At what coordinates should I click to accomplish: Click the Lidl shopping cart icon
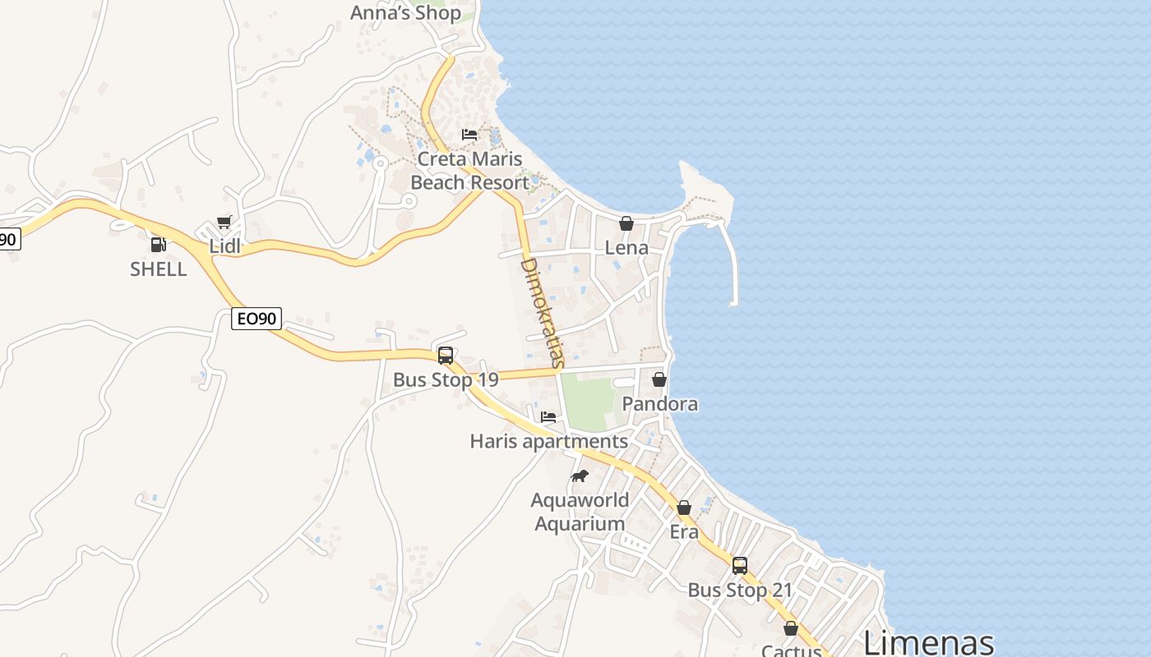pyautogui.click(x=224, y=222)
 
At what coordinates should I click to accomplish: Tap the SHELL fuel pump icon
pyautogui.click(x=158, y=244)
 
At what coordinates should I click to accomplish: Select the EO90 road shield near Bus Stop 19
pyautogui.click(x=257, y=319)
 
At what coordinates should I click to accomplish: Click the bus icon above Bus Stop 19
pyautogui.click(x=446, y=356)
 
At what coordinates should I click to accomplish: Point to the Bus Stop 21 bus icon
pyautogui.click(x=740, y=565)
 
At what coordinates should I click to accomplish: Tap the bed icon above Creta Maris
pyautogui.click(x=469, y=134)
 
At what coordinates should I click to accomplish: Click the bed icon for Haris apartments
pyautogui.click(x=548, y=417)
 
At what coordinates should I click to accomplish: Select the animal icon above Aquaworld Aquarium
pyautogui.click(x=580, y=476)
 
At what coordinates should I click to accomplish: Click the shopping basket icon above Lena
pyautogui.click(x=626, y=223)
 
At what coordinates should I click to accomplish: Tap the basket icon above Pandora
pyautogui.click(x=659, y=379)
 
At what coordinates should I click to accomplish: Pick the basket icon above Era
pyautogui.click(x=684, y=508)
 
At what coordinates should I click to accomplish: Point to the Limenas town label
pyautogui.click(x=928, y=642)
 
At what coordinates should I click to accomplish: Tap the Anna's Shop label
pyautogui.click(x=405, y=13)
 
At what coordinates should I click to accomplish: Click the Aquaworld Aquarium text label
pyautogui.click(x=580, y=512)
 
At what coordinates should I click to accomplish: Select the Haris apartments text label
pyautogui.click(x=548, y=442)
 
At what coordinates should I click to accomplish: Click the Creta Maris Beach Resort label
pyautogui.click(x=469, y=171)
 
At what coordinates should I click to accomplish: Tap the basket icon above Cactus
pyautogui.click(x=791, y=628)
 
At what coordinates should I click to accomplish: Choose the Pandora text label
pyautogui.click(x=659, y=404)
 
